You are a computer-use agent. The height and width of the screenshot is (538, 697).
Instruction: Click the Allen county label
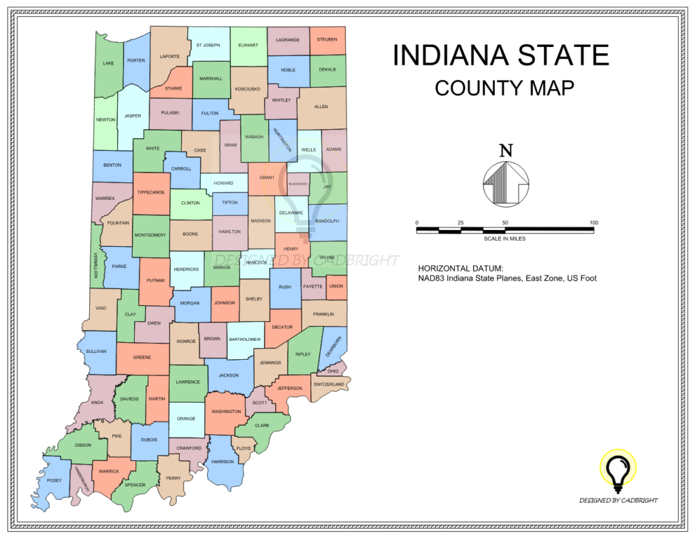321,107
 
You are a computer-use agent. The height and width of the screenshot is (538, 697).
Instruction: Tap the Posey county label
54,481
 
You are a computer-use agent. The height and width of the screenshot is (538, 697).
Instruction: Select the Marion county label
222,267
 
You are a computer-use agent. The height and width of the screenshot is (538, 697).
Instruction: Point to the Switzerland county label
329,384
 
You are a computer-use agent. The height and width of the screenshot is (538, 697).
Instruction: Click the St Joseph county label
208,45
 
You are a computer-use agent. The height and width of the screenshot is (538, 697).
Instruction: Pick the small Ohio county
332,371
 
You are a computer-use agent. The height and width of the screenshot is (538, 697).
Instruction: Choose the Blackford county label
298,184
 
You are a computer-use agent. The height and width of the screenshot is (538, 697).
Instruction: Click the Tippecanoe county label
151,192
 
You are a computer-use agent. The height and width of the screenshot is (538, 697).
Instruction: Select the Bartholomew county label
245,339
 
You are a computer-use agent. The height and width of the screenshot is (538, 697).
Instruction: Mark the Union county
336,286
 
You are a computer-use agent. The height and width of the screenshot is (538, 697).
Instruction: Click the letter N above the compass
506,150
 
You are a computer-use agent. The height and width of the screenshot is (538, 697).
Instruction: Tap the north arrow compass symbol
506,182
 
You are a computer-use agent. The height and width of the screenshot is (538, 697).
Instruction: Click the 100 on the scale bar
594,223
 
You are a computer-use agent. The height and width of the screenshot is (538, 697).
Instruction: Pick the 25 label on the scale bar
461,223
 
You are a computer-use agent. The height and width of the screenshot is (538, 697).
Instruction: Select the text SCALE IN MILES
505,239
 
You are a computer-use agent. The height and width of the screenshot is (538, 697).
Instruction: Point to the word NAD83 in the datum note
433,278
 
